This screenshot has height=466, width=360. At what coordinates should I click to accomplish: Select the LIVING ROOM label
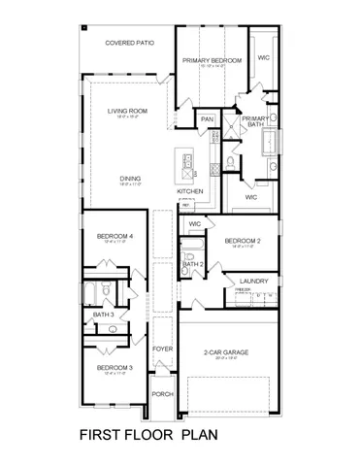pos(127,112)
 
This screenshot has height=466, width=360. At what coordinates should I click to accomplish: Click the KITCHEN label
pos(190,192)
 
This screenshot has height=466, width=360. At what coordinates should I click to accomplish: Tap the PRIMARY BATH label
pos(255,121)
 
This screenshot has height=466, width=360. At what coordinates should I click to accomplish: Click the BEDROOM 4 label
pos(115,236)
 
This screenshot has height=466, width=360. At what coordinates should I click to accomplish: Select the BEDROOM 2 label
pos(243,240)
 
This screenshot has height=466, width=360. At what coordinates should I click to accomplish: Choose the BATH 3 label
pos(103,315)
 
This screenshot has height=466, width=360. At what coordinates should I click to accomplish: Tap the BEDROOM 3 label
pos(115,368)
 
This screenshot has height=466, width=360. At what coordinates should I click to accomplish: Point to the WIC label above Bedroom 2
pos(194,223)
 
